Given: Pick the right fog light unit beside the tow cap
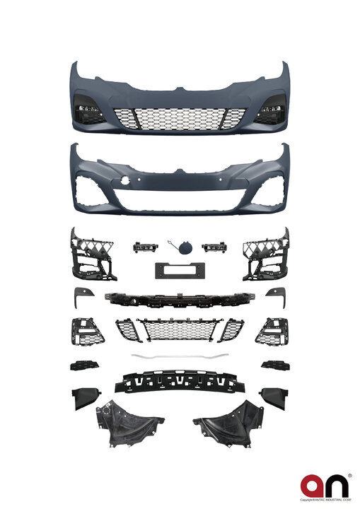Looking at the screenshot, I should pos(212,247).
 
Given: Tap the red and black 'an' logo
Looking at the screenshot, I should pos(325,486).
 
